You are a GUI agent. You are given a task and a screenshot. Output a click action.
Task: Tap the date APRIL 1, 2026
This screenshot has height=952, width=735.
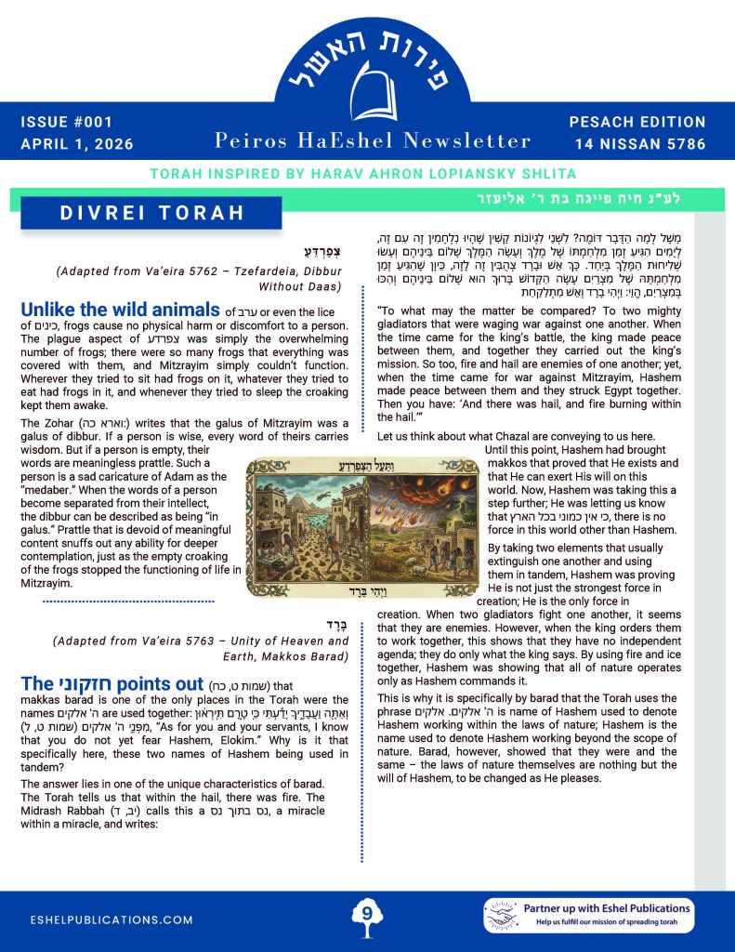click(76, 144)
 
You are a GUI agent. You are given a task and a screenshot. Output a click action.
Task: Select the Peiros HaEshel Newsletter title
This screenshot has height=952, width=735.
click(372, 140)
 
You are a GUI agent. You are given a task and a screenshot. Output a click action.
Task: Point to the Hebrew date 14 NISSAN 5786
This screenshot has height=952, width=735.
click(639, 144)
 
